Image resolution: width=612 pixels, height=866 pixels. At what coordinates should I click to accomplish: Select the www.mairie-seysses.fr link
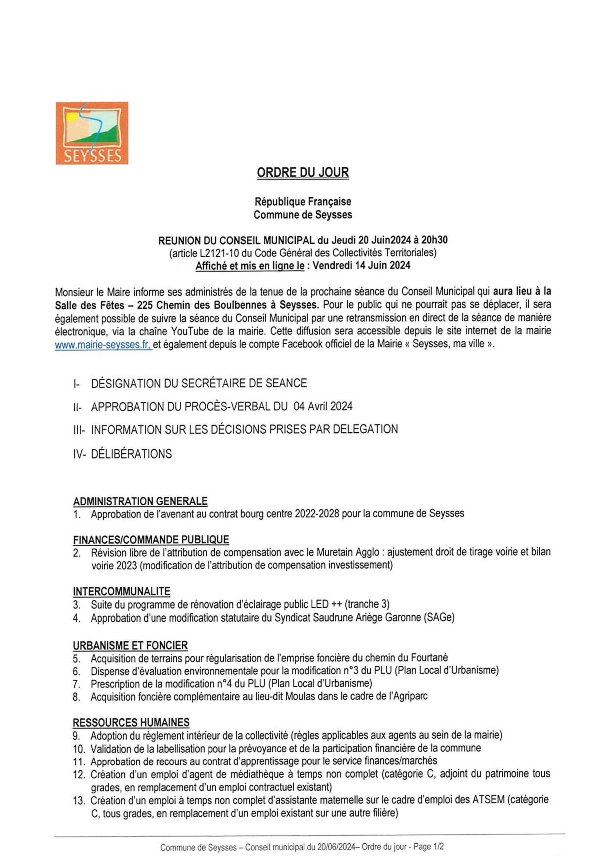tap(103, 345)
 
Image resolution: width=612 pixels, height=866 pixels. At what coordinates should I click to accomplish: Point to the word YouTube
tap(189, 331)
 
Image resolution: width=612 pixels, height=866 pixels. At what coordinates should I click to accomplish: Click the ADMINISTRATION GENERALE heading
tap(140, 501)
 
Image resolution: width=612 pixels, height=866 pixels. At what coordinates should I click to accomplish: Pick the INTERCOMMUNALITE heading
tap(121, 591)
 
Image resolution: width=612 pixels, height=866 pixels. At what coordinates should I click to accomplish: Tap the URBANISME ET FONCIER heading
tap(130, 645)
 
